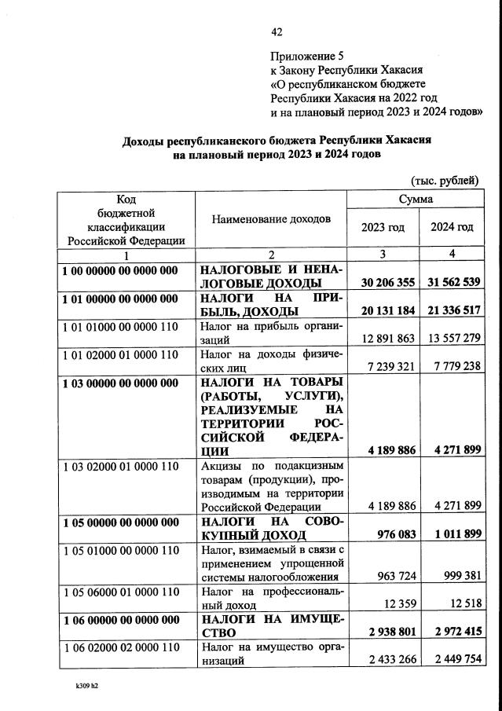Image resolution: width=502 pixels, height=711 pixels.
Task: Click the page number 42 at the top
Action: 277,32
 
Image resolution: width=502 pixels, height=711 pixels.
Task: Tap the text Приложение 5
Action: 307,56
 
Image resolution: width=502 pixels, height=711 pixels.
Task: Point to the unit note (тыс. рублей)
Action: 445,180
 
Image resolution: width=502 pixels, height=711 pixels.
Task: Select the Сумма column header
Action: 416,200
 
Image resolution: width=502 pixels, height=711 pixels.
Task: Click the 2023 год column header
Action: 383,227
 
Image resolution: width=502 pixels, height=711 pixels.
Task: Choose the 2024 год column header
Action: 452,227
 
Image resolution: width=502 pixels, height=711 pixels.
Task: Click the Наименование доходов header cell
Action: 271,219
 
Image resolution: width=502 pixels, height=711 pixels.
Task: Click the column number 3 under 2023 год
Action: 383,255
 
